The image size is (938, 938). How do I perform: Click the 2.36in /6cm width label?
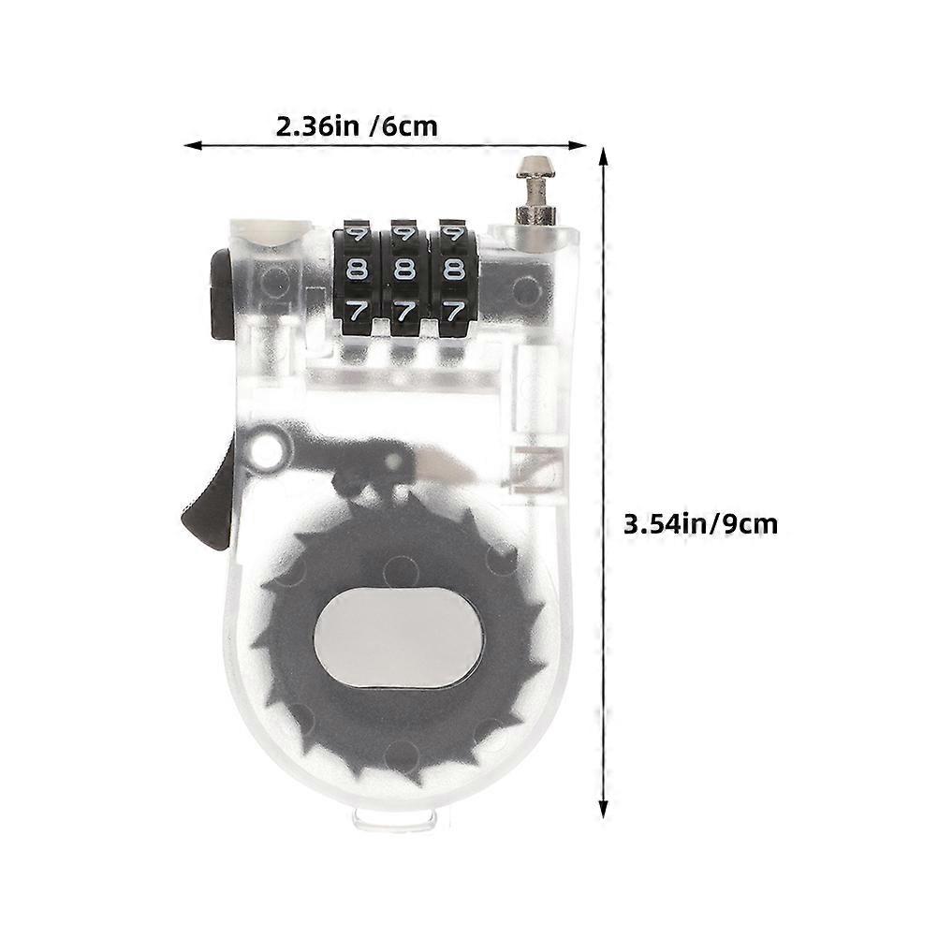tap(357, 126)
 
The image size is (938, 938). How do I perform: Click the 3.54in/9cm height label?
tap(700, 524)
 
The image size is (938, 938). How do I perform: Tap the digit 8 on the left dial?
tap(357, 271)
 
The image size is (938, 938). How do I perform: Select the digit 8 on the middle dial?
tap(404, 271)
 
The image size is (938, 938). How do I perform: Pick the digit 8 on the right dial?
tap(453, 271)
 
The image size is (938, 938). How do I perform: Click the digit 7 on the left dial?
tap(358, 312)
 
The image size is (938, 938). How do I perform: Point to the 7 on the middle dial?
tap(405, 312)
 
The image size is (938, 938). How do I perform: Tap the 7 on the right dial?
tap(454, 312)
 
